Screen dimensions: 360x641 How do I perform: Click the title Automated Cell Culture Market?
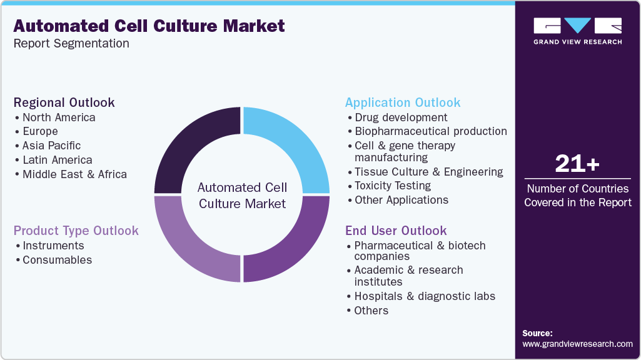click(x=149, y=26)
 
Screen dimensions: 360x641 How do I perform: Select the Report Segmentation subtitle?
click(x=71, y=44)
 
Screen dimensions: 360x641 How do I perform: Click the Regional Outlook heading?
click(x=64, y=102)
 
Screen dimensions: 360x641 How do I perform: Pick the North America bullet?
click(x=59, y=117)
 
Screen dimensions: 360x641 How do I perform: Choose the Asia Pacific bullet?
click(x=51, y=146)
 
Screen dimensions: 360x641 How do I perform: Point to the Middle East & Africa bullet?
click(x=74, y=174)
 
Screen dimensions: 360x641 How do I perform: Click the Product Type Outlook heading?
click(x=76, y=231)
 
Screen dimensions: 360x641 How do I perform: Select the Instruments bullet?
click(x=53, y=246)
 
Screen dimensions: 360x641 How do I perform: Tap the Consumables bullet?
click(x=57, y=260)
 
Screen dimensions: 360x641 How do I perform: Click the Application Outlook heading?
click(x=403, y=102)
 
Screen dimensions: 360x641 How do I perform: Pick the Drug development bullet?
click(x=401, y=117)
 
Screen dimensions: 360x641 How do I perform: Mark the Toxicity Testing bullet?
click(x=392, y=186)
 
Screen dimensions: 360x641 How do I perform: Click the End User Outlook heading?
click(x=396, y=231)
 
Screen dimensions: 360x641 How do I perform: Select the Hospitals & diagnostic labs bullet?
click(x=425, y=296)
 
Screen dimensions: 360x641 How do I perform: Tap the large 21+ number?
click(x=577, y=164)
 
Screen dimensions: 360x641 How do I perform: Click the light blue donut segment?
click(x=294, y=144)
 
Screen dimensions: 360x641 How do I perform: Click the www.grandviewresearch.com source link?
click(x=577, y=344)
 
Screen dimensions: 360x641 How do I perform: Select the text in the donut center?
click(x=242, y=195)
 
